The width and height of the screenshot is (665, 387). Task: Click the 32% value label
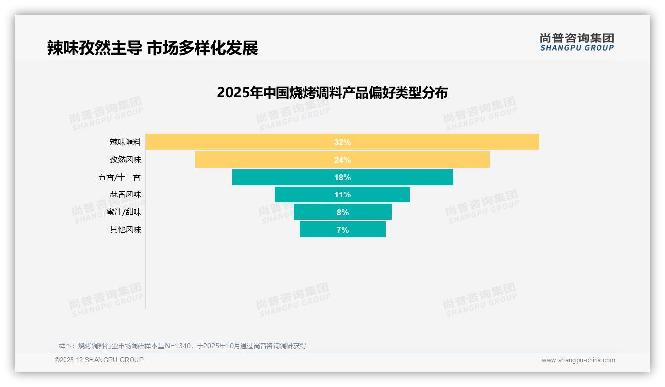coord(342,142)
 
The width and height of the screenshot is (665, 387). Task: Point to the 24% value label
coord(342,160)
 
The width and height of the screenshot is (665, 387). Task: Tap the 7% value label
coord(342,230)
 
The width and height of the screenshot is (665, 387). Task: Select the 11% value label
coord(342,194)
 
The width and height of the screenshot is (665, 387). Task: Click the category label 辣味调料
coord(126,142)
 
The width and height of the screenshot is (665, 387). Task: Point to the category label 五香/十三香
coord(120,177)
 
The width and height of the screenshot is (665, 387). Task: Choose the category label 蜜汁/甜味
coord(124,212)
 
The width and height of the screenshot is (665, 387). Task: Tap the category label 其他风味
coord(126,230)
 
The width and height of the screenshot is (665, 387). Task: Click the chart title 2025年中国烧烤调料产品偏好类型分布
coord(332,93)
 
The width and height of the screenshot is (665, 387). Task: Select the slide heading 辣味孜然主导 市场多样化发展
coord(152,48)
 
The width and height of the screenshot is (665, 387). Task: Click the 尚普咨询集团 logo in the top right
coord(577,42)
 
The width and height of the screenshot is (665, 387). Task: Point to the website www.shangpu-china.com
coord(578,360)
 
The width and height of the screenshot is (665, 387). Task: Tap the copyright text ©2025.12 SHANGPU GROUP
coord(99,360)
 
